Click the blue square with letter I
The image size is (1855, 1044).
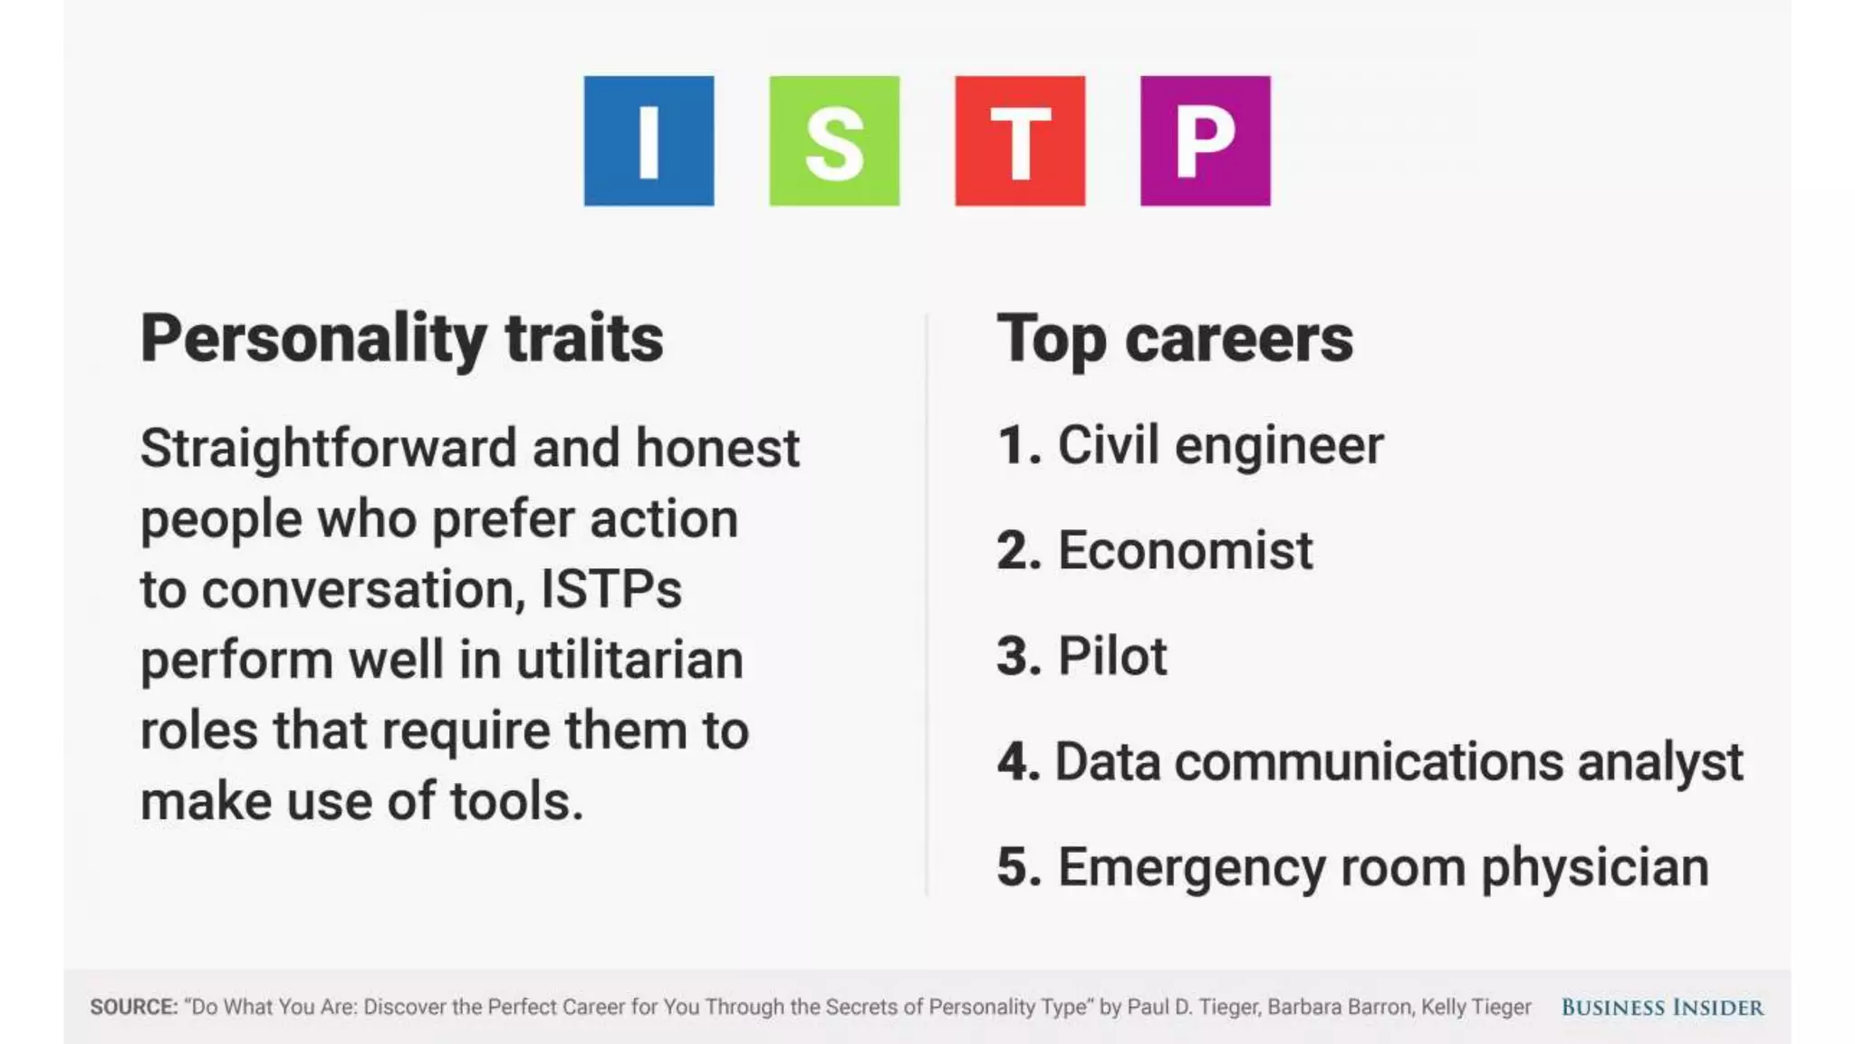click(x=649, y=140)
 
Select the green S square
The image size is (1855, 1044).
click(x=834, y=140)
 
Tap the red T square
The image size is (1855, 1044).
click(x=1020, y=140)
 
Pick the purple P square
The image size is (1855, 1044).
click(x=1205, y=140)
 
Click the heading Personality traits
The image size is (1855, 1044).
click(x=402, y=339)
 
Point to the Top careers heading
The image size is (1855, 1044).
click(x=1175, y=339)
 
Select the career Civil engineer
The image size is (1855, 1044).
click(x=1219, y=446)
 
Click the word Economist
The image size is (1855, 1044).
click(x=1185, y=551)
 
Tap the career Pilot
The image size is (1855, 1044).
click(x=1112, y=656)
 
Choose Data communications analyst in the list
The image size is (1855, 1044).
click(x=1398, y=761)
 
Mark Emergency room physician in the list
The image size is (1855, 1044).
click(x=1383, y=867)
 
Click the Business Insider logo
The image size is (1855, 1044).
click(x=1662, y=1007)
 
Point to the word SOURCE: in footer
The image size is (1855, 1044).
click(x=134, y=1007)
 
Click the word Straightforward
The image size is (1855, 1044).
click(x=329, y=448)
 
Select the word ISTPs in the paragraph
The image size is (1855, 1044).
click(x=610, y=589)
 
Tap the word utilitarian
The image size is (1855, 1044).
click(x=630, y=660)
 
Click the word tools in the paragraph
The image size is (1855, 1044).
click(x=516, y=801)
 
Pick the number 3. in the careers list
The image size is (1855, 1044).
click(x=1019, y=656)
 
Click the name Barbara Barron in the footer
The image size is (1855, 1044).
click(x=1339, y=1007)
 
